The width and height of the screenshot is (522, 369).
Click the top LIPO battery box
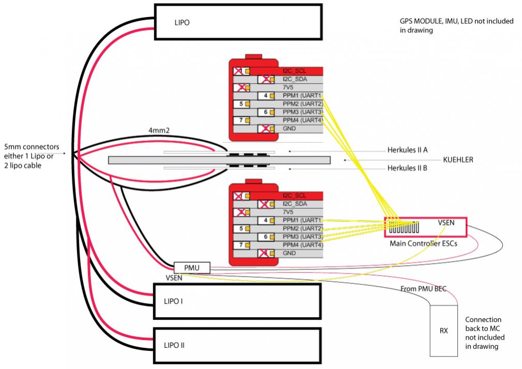coord(237,22)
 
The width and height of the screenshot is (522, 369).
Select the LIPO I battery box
coord(237,301)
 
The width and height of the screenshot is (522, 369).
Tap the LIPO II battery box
coord(237,344)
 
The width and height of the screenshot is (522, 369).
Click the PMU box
coord(192,268)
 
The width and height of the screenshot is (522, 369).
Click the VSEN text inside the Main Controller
coord(446,223)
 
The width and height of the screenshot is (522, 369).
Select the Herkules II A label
coord(407,151)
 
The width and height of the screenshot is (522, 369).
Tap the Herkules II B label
coord(407,168)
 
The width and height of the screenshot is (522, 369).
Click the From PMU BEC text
coord(423,289)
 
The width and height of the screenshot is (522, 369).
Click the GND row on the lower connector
coord(290,254)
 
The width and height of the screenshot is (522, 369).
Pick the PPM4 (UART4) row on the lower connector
coord(303,245)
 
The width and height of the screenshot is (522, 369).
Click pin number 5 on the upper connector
coord(241,104)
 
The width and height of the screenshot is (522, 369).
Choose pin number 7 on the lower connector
coord(241,245)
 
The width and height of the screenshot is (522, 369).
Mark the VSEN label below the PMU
coord(174,278)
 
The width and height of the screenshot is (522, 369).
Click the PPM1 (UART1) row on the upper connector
coord(303,96)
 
